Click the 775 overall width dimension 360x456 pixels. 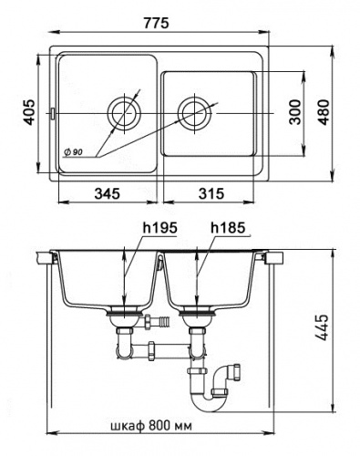tap(156, 23)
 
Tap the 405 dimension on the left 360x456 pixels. tap(29, 112)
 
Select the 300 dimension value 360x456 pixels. tap(294, 112)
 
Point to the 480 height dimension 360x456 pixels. tap(324, 112)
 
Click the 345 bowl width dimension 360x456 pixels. tap(108, 193)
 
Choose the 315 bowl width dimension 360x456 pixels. tap(211, 193)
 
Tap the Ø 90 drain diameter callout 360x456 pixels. tap(73, 152)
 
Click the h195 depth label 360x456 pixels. tap(159, 228)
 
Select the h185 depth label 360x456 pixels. tap(228, 228)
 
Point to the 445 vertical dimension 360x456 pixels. tap(322, 327)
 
